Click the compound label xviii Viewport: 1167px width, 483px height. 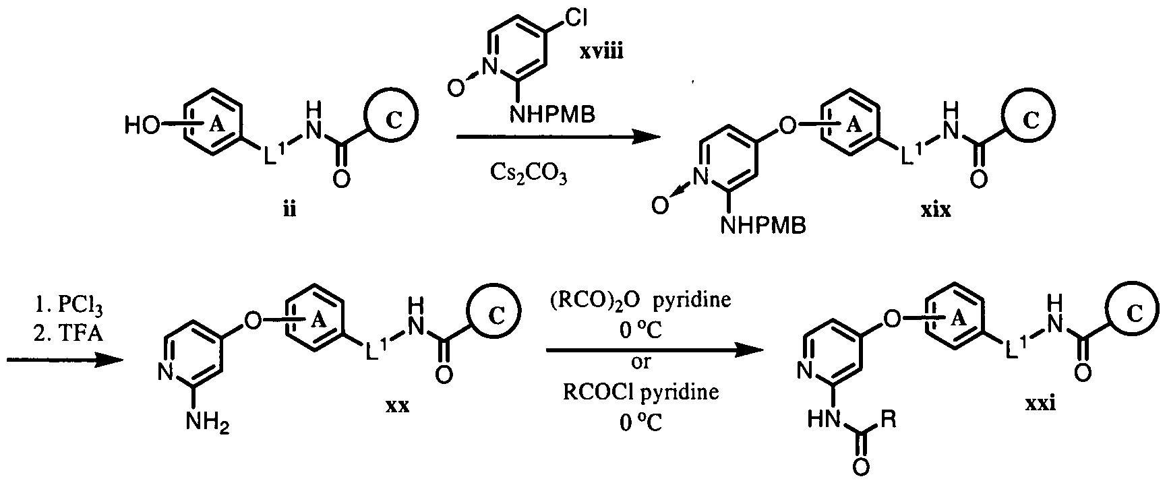601,53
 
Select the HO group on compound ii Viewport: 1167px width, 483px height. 141,125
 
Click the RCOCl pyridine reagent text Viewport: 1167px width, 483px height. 640,392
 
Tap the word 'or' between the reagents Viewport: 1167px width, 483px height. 640,362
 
